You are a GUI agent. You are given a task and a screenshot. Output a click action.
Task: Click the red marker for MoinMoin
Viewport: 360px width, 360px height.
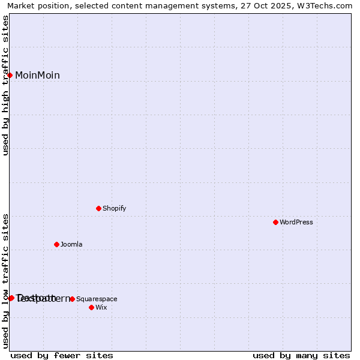10,75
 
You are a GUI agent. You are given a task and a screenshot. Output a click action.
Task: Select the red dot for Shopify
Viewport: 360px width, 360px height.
99,208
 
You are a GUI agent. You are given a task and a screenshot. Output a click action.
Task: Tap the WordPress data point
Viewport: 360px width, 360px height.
276,222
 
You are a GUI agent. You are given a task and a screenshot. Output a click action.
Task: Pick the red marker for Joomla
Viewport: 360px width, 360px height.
57,244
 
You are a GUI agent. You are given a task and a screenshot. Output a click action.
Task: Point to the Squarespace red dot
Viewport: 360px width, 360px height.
73,299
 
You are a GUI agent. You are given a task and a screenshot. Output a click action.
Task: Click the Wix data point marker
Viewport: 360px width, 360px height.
92,307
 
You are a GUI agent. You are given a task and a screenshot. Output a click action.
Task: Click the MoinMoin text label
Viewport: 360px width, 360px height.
37,75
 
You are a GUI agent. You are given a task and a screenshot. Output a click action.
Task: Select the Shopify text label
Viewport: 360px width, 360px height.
114,208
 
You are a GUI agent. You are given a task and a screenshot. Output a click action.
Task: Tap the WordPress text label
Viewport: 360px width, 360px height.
296,222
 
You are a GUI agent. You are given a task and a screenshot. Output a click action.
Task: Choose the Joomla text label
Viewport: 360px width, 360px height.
71,244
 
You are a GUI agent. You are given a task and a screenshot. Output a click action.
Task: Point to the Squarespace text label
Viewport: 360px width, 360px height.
97,299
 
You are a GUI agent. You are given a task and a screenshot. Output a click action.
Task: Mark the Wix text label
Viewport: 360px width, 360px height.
101,307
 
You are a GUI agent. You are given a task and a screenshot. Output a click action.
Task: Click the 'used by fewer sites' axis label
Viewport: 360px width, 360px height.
62,355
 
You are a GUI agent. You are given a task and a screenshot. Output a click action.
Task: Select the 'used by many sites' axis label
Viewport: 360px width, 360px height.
301,355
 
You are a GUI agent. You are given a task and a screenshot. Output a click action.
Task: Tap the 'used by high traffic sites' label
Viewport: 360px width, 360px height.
5,85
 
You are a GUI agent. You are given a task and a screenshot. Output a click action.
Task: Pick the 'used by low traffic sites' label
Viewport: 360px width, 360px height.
5,281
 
